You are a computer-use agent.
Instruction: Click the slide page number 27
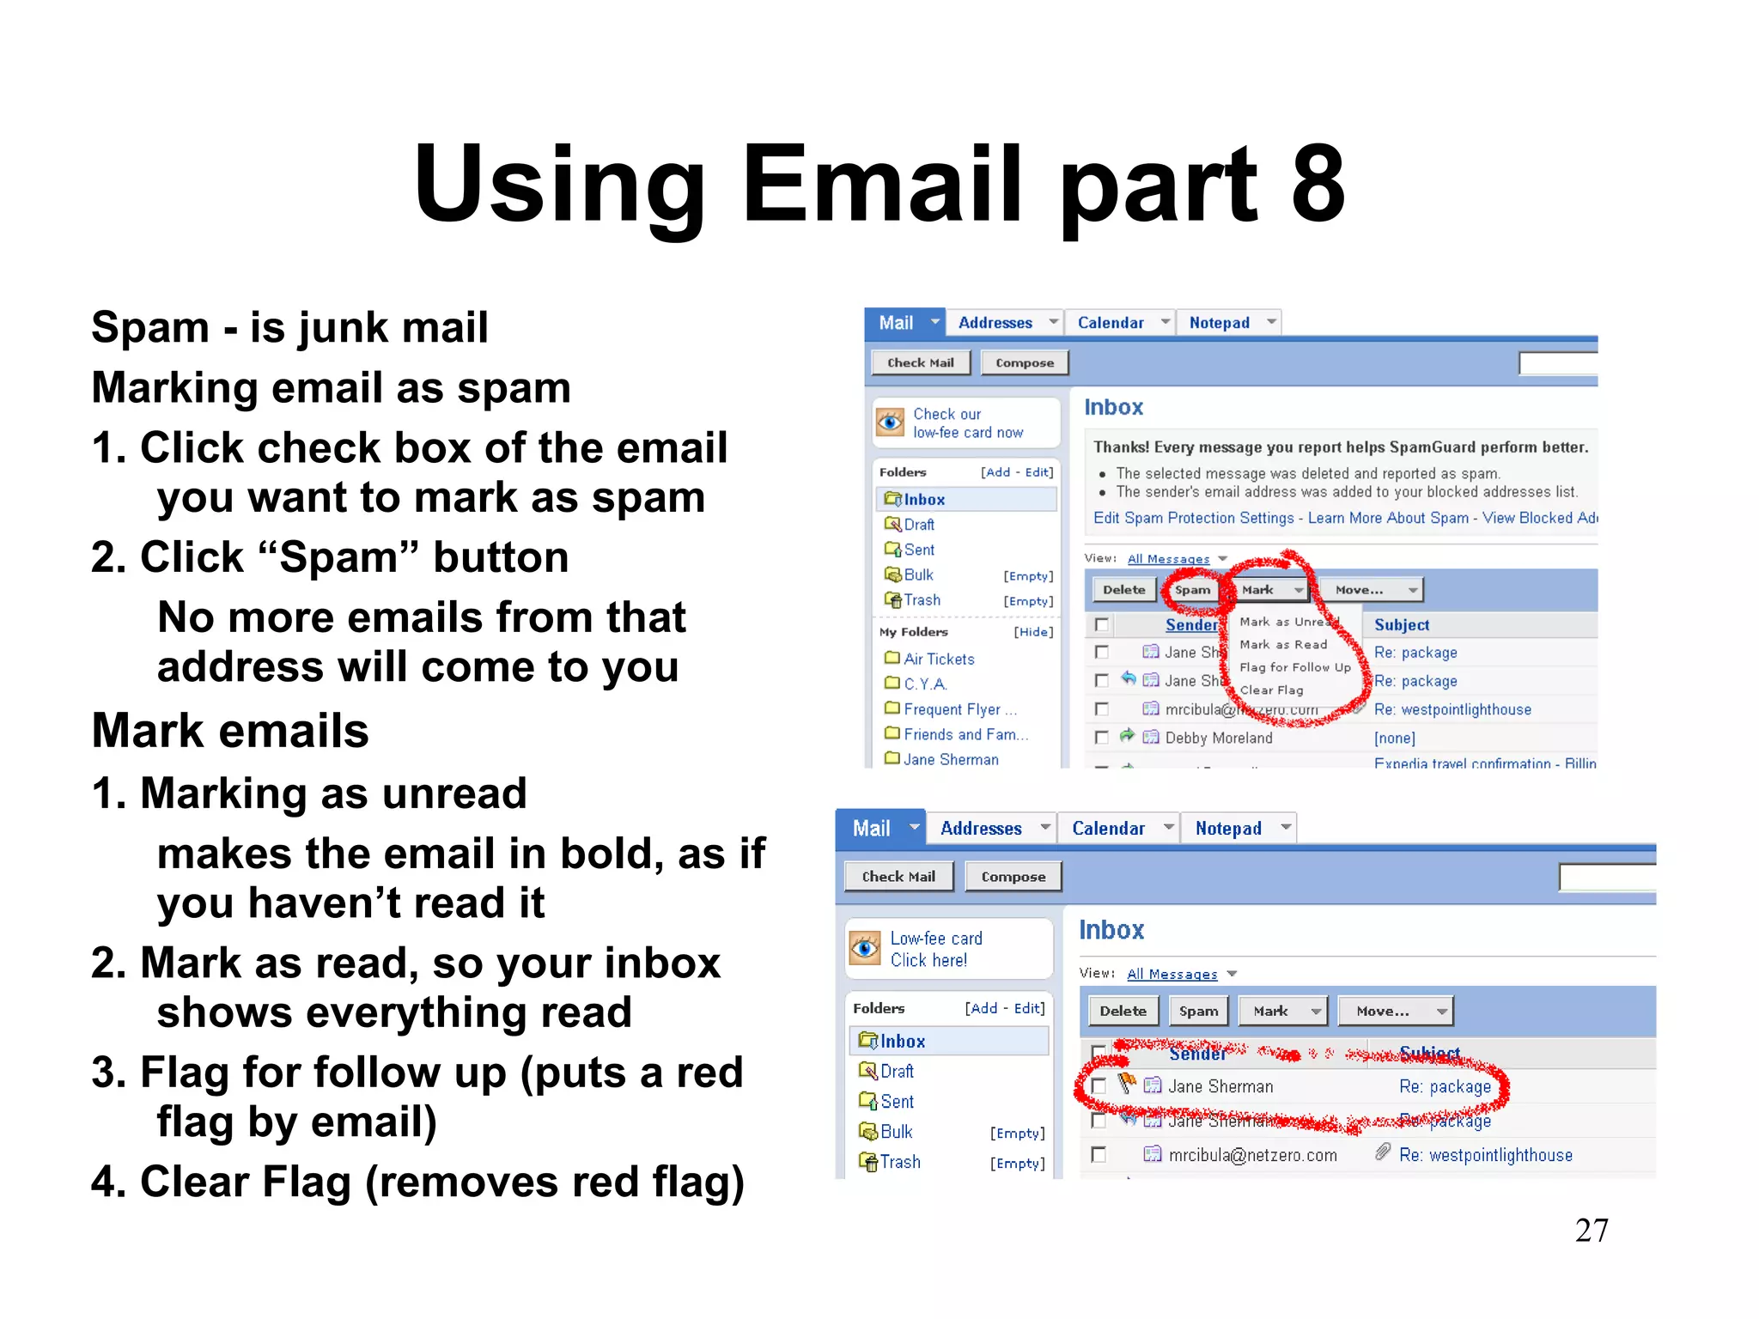point(1591,1231)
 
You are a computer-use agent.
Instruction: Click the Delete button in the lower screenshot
point(1123,1011)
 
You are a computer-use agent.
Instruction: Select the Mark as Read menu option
point(1283,645)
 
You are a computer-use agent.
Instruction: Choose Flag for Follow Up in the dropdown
point(1294,667)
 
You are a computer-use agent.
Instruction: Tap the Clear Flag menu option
point(1271,690)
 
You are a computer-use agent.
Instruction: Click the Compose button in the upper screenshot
point(1024,363)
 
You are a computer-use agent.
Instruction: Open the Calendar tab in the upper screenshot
point(1111,323)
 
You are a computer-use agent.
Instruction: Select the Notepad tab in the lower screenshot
point(1228,829)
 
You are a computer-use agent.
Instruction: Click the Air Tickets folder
point(939,659)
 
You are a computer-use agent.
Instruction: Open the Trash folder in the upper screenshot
point(922,600)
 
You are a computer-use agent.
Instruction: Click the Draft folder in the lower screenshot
point(897,1072)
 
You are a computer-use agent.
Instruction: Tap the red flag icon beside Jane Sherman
point(1127,1084)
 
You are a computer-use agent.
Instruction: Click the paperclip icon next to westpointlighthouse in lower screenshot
point(1382,1152)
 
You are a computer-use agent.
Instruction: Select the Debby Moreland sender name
point(1219,738)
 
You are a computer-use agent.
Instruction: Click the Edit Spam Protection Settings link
point(1193,518)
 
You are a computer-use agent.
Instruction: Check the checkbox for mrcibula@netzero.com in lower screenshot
point(1099,1155)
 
